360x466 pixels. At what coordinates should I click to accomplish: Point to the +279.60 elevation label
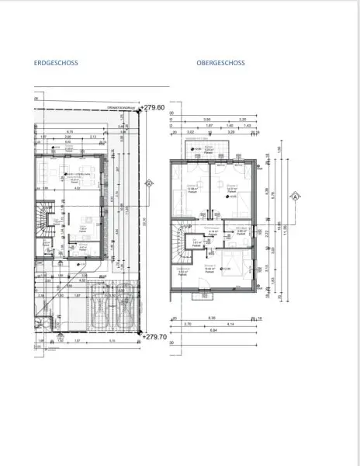pos(154,108)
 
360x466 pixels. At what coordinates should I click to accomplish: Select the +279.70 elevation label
pos(154,336)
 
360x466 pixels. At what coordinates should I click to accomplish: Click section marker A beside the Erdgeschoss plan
pos(147,183)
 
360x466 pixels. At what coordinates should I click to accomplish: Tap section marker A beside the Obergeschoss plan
pos(294,196)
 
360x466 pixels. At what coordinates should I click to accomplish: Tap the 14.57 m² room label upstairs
pos(230,187)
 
